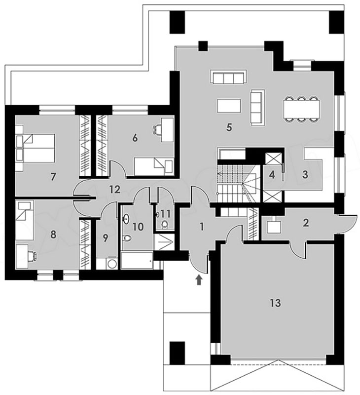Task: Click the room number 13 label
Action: coord(276,303)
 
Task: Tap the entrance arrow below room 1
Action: coord(199,279)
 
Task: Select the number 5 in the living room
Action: coord(229,127)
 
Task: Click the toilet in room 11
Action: coord(165,224)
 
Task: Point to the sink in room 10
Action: coord(126,219)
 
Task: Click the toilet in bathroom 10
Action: coord(128,238)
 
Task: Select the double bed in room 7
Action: coord(35,148)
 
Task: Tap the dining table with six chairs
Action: coord(302,110)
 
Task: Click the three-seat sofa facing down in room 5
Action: coord(228,78)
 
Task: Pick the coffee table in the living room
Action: coord(229,106)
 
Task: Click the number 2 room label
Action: coord(305,223)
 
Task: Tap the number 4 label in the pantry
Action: coord(272,175)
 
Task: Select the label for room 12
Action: coord(115,190)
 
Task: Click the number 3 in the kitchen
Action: coord(305,175)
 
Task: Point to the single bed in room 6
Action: coord(153,166)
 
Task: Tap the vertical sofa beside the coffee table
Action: coord(257,107)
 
